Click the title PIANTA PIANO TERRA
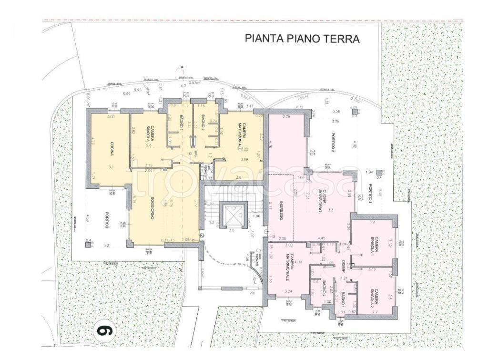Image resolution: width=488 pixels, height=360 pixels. tap(302, 39)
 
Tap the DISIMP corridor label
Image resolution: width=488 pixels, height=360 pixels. tap(343, 266)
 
